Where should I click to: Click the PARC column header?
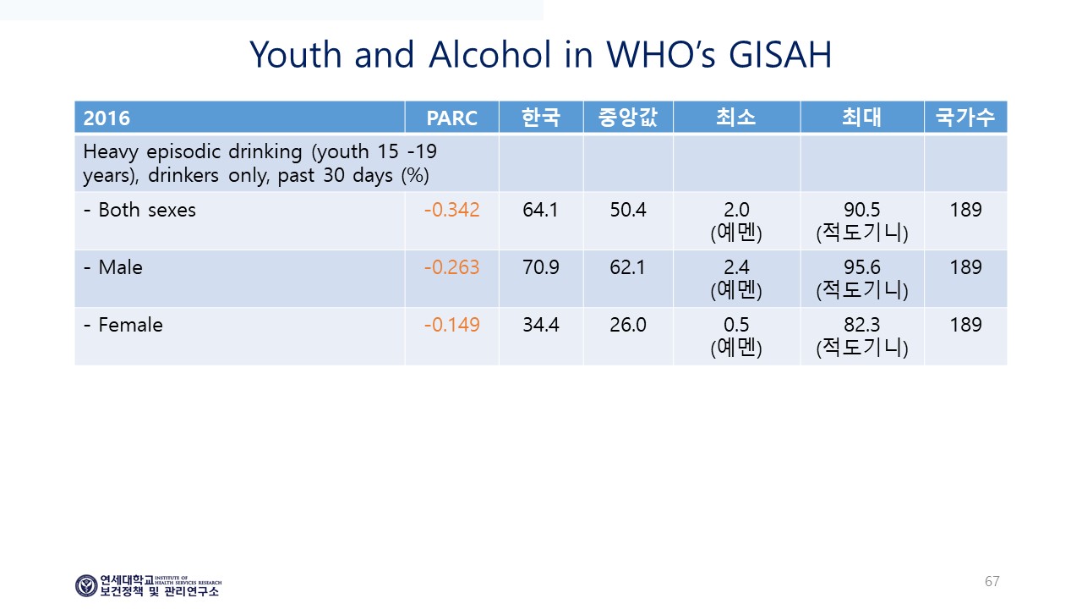click(451, 118)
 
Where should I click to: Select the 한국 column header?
click(540, 118)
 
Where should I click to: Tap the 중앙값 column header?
click(627, 118)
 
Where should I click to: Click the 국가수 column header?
click(965, 118)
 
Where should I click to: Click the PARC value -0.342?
click(451, 210)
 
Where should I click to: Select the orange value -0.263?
click(451, 267)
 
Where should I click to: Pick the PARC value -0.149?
click(451, 325)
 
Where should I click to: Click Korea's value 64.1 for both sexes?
click(540, 210)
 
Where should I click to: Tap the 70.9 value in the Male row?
click(540, 267)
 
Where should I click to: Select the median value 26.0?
click(627, 325)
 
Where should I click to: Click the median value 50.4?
click(627, 210)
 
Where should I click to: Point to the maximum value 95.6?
click(861, 267)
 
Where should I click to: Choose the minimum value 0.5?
click(736, 325)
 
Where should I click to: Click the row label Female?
click(130, 325)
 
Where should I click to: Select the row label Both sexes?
click(147, 210)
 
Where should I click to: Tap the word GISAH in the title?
click(780, 54)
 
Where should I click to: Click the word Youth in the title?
click(296, 54)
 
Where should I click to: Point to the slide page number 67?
click(992, 581)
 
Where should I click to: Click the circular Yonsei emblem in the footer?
click(86, 586)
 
